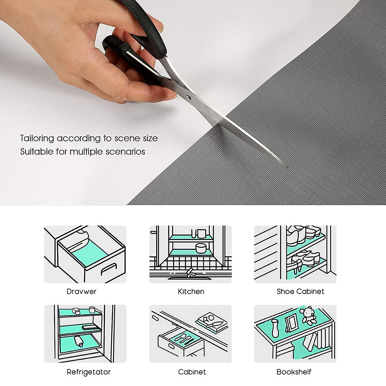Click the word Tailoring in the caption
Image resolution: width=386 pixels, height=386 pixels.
pyautogui.click(x=37, y=138)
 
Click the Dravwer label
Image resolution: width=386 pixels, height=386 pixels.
pyautogui.click(x=81, y=291)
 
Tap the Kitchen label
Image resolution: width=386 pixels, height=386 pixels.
pyautogui.click(x=191, y=291)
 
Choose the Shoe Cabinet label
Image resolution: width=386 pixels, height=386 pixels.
pyautogui.click(x=300, y=291)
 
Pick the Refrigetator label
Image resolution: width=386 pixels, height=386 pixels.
pyautogui.click(x=88, y=372)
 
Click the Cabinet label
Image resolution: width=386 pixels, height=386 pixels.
pyautogui.click(x=192, y=372)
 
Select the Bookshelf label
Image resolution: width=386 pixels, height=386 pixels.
pyautogui.click(x=294, y=372)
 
